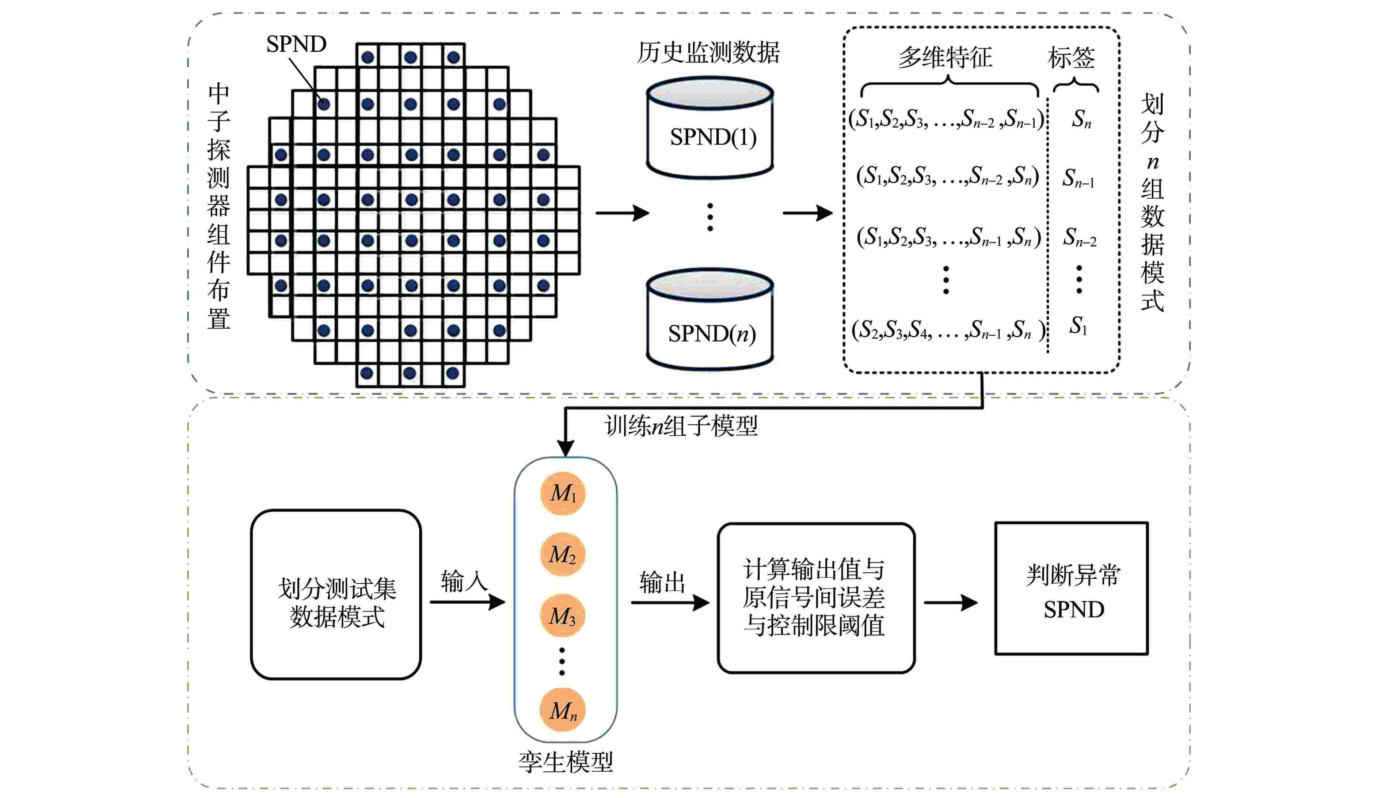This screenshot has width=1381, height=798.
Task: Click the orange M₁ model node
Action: pos(563,493)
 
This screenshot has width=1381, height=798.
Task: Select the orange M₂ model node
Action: pos(563,555)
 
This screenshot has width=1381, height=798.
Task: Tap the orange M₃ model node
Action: pos(563,616)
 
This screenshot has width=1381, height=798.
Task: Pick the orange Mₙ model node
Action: pos(563,710)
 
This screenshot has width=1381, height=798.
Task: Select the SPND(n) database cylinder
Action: pos(710,320)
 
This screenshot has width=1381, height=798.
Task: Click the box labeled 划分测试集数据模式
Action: pos(336,595)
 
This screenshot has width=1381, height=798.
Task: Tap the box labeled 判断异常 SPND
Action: pos(1071,589)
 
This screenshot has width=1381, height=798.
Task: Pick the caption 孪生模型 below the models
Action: pos(566,762)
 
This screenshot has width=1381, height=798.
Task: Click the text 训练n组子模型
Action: pos(681,425)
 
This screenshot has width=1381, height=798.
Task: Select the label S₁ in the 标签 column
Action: pos(1078,327)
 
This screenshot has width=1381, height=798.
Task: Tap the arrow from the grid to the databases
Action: pos(621,213)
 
